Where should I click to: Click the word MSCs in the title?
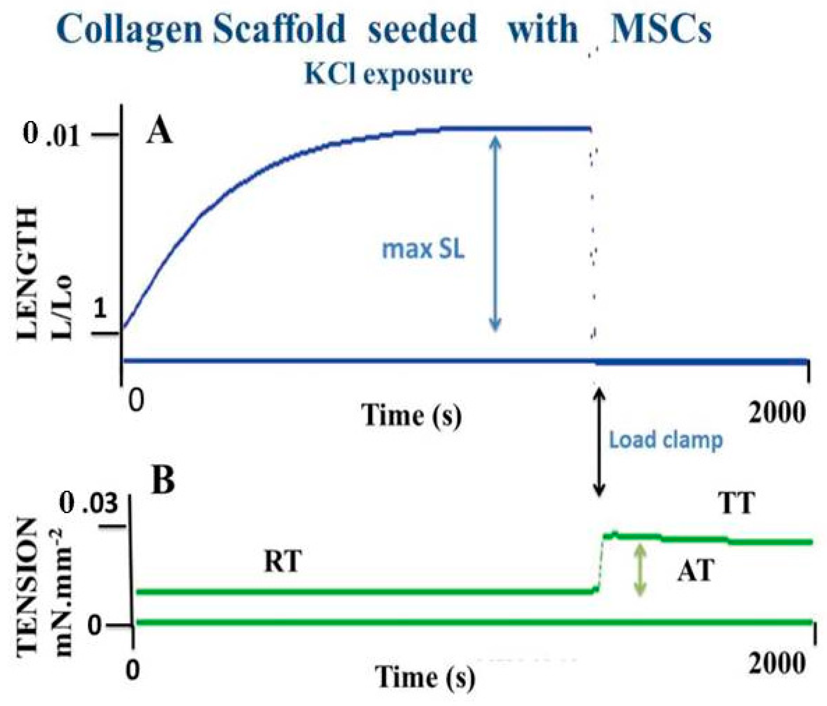coord(660,30)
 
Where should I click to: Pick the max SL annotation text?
coord(423,249)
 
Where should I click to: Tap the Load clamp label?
coord(666,440)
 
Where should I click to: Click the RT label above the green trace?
coord(282,562)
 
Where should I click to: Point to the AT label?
coord(695,570)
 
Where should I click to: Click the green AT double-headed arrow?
coord(640,570)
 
